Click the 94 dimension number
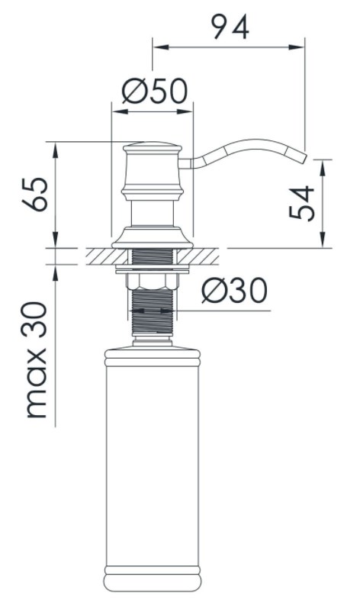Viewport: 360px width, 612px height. click(x=230, y=27)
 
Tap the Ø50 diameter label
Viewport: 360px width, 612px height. click(x=155, y=92)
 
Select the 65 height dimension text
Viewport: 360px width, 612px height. click(x=36, y=194)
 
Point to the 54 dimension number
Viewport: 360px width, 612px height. click(x=302, y=203)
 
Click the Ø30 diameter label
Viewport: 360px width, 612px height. click(x=234, y=291)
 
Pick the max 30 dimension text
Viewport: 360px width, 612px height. click(x=37, y=360)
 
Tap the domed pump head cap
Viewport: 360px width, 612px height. click(x=153, y=147)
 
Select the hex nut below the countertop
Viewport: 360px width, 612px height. click(x=152, y=281)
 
